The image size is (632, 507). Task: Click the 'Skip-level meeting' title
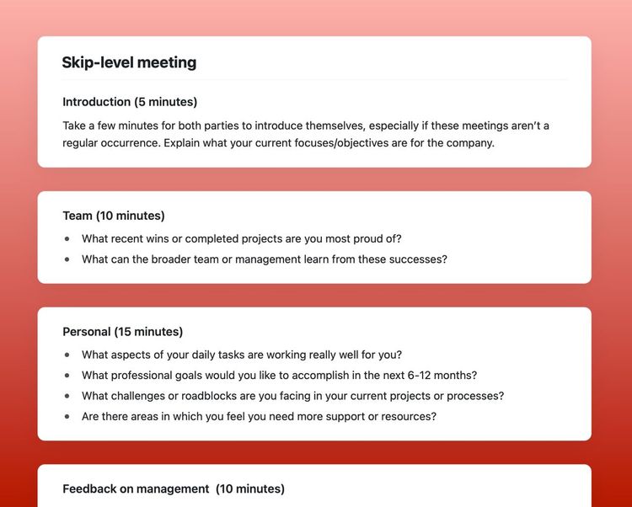pos(129,62)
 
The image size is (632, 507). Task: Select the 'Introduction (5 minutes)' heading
pos(130,102)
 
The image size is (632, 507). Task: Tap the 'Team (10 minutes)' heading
pos(114,216)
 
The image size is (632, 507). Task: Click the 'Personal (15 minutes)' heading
pos(122,332)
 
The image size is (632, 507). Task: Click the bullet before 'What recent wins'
pos(67,239)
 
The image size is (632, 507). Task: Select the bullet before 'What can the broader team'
pos(67,259)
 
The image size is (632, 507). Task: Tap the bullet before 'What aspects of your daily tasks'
pos(67,355)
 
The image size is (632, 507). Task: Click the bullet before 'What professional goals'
pos(67,376)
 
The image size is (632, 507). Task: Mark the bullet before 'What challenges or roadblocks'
pos(67,396)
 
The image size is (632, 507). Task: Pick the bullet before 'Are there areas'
pos(67,416)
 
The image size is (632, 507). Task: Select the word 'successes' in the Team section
pos(419,259)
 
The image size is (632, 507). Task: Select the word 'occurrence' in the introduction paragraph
pos(126,143)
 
